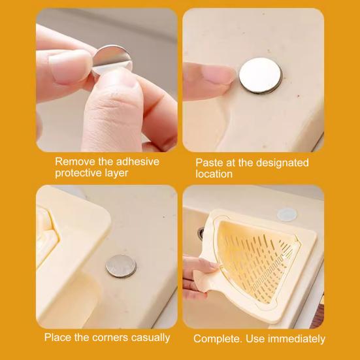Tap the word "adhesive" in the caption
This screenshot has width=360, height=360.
[135, 161]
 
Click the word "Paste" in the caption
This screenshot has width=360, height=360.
[209, 162]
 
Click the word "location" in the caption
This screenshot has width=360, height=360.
[214, 174]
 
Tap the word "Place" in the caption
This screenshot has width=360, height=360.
[57, 337]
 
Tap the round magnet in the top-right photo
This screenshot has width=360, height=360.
[260, 76]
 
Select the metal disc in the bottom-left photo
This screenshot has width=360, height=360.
[121, 266]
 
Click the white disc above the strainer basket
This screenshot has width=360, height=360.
[286, 214]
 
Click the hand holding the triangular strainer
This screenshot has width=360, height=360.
[196, 274]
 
